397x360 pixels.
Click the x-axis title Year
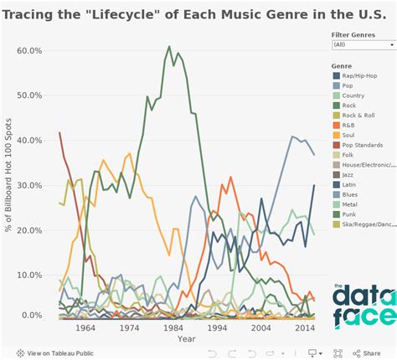(187, 339)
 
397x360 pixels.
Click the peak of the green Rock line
(169, 47)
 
